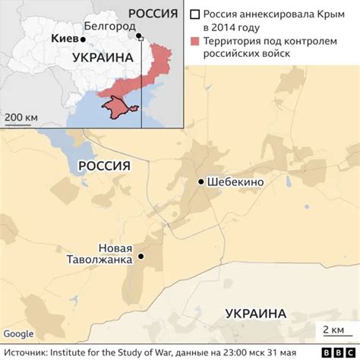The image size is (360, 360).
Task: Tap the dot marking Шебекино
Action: [x=201, y=182]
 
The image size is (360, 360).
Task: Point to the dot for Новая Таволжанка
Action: [x=140, y=258]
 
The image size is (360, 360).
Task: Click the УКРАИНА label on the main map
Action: [x=256, y=313]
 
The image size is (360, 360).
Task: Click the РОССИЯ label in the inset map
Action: [x=157, y=12]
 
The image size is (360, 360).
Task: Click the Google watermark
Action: [x=18, y=333]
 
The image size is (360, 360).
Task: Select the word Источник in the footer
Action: [x=26, y=352]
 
